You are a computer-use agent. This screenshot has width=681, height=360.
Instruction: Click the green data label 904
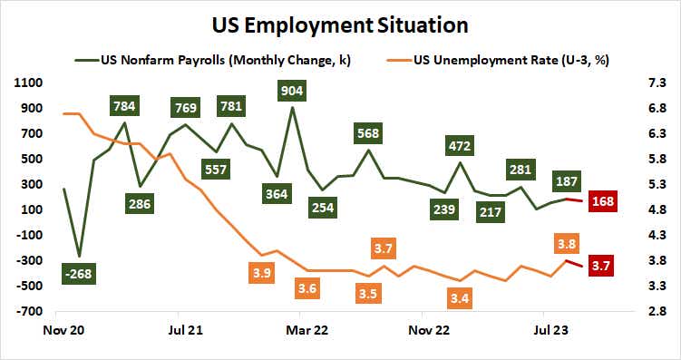click(292, 90)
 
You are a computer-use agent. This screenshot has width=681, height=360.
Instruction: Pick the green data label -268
click(81, 273)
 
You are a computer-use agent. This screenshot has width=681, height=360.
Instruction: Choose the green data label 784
click(125, 105)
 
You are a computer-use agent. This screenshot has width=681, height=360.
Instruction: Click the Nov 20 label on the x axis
click(63, 331)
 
